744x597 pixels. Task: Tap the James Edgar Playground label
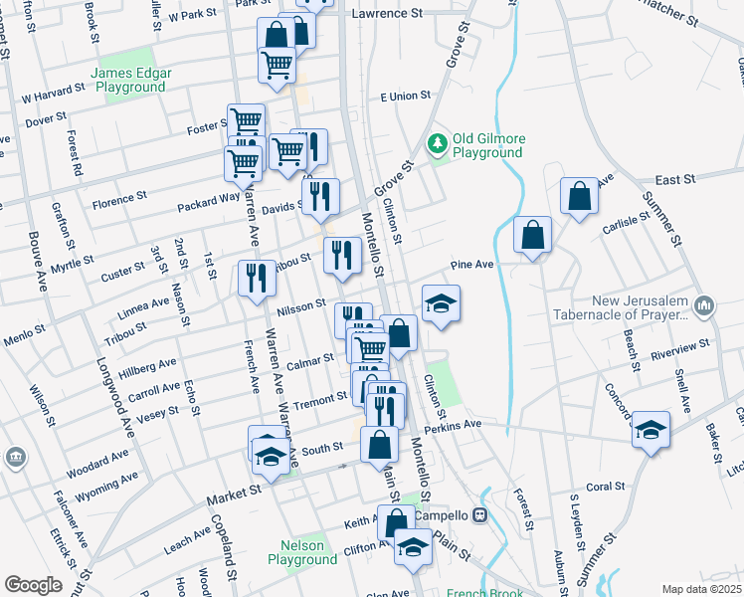point(131,81)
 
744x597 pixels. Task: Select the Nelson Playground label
point(302,552)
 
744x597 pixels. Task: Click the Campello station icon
point(479,515)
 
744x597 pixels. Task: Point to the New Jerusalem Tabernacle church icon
point(704,303)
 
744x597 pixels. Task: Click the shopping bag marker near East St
point(579,197)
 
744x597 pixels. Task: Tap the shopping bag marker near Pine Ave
point(533,236)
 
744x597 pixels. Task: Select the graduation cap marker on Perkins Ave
point(651,429)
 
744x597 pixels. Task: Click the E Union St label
point(405,97)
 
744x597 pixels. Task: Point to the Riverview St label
point(679,349)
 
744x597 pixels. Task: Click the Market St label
point(234,493)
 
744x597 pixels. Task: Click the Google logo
point(33,584)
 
